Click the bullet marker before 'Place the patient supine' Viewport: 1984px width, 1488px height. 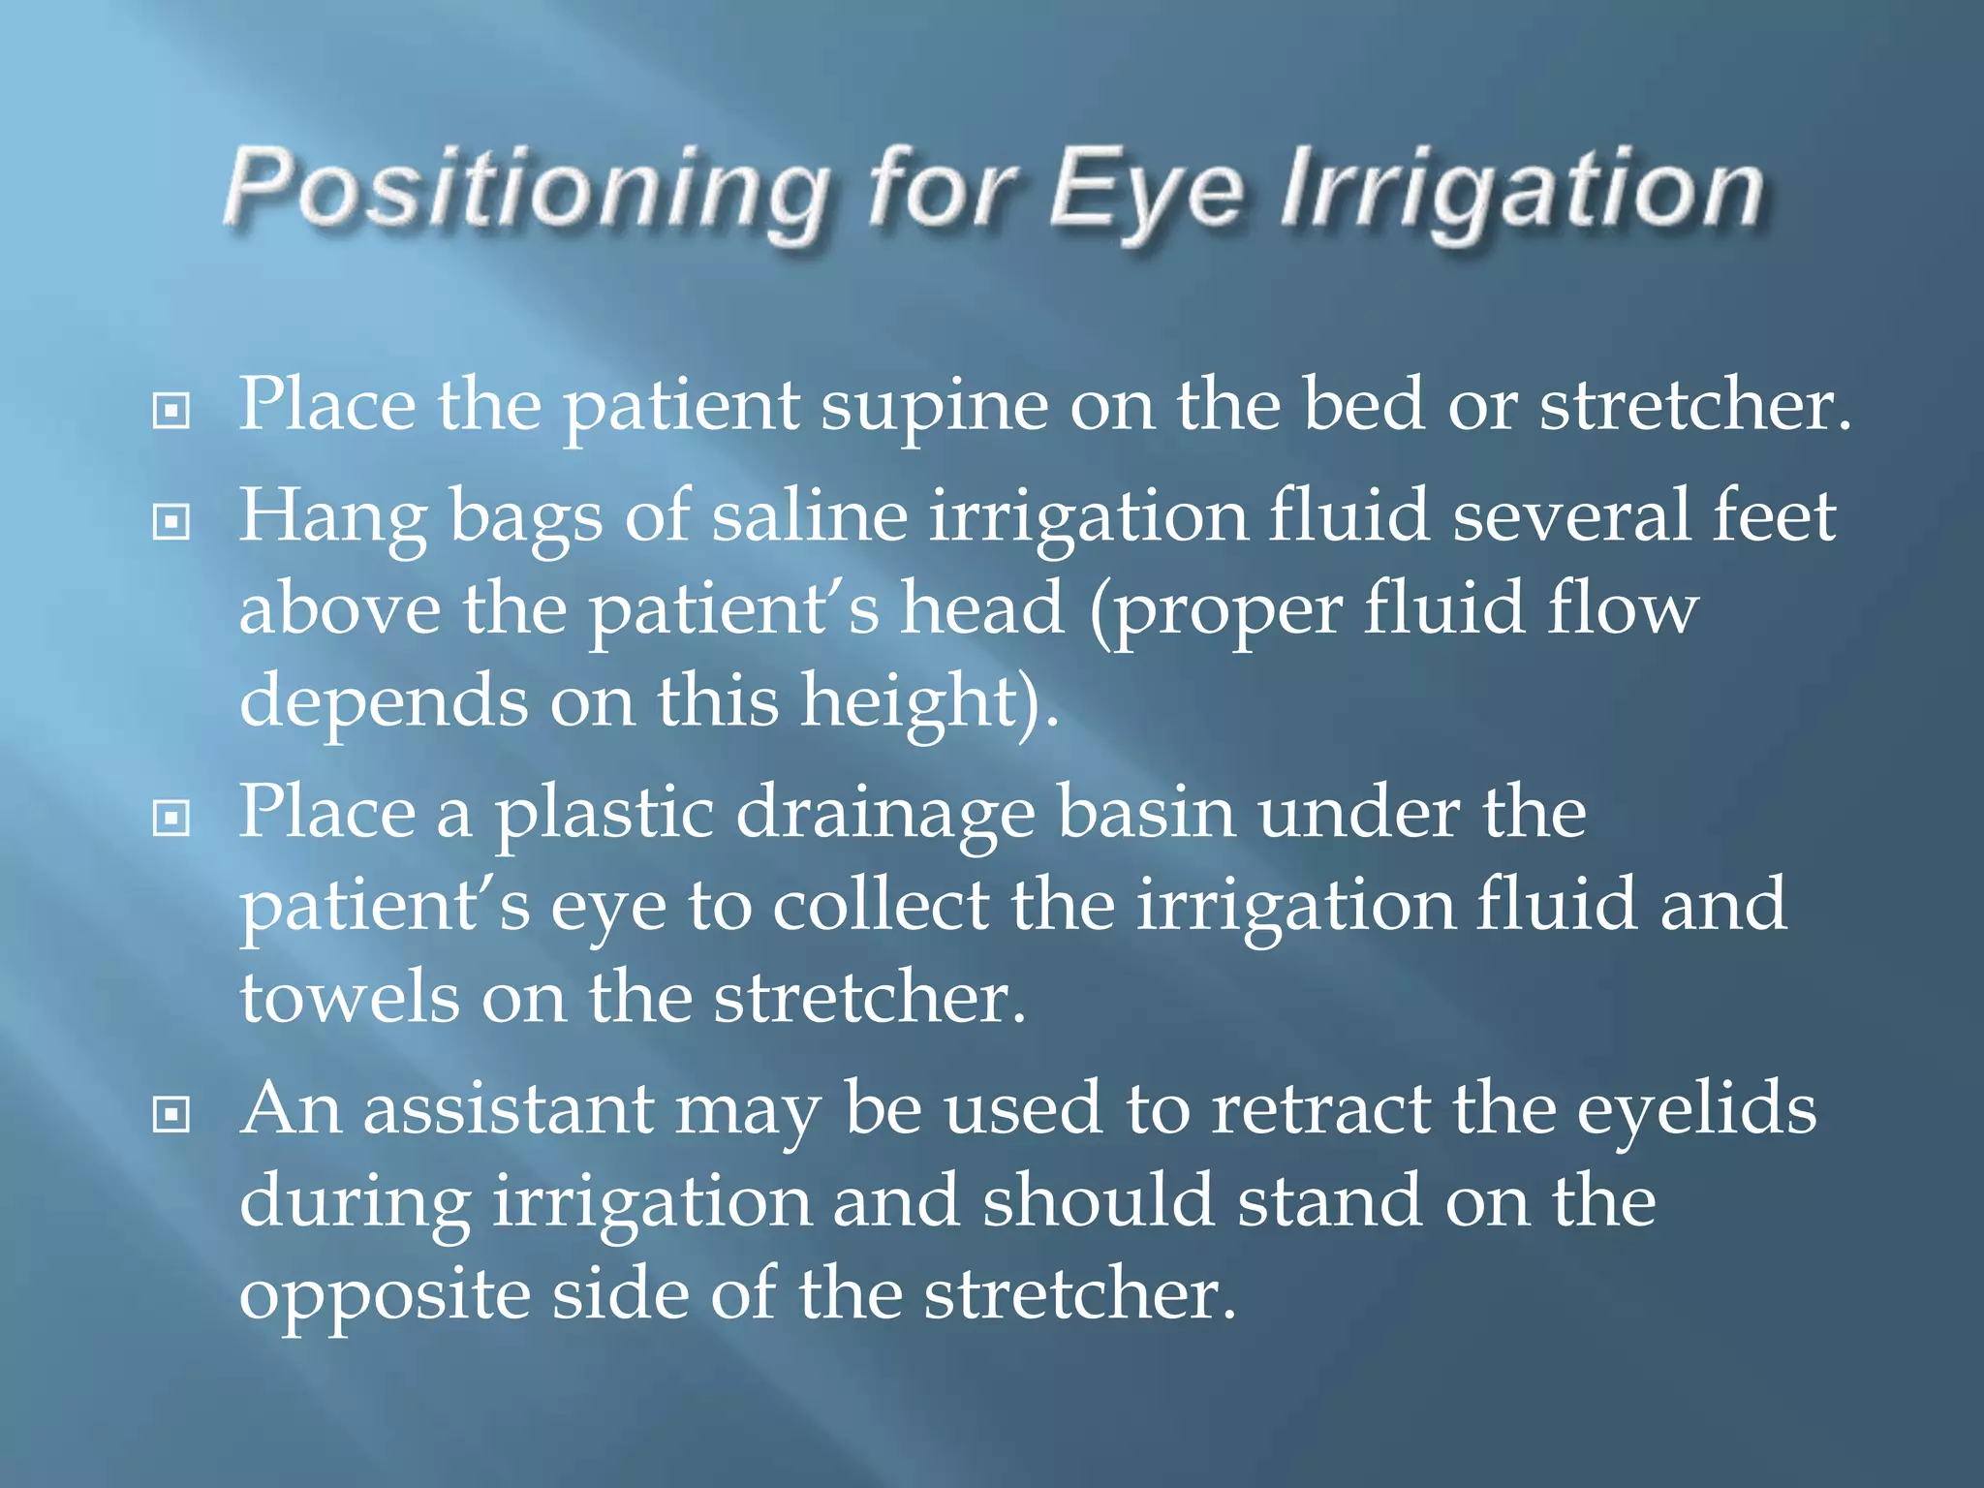171,412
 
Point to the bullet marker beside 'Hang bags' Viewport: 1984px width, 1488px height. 171,523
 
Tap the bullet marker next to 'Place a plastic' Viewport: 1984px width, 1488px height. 171,820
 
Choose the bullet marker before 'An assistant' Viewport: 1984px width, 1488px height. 171,1116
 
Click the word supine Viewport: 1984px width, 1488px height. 934,407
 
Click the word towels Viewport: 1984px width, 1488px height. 349,998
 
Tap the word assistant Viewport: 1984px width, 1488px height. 508,1109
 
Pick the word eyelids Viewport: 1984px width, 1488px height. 1696,1109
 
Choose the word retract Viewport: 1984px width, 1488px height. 1321,1109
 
